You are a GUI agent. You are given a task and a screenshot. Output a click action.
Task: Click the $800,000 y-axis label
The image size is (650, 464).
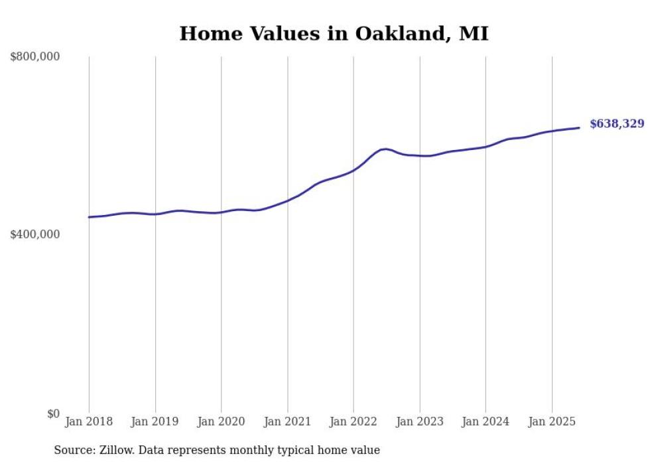[34, 57]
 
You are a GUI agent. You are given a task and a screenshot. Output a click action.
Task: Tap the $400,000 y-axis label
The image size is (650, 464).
[34, 234]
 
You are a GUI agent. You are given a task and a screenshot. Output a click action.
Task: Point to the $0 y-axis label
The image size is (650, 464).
[53, 414]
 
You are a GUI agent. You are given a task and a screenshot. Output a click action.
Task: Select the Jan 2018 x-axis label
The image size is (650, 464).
[89, 422]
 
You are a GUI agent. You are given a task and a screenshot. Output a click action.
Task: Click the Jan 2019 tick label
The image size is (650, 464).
[155, 422]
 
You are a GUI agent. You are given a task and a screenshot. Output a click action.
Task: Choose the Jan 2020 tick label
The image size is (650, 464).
[221, 422]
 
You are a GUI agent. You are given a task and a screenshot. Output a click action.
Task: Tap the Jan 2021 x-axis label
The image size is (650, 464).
[287, 422]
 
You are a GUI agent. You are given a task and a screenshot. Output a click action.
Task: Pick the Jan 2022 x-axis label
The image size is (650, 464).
[354, 422]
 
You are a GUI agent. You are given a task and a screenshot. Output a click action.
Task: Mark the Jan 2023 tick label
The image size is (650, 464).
[419, 422]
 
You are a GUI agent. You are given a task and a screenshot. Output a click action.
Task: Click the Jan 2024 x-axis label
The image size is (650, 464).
[486, 422]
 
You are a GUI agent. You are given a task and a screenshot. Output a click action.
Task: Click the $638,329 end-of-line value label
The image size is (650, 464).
[616, 124]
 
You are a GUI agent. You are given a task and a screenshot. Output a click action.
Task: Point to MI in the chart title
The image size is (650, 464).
[474, 34]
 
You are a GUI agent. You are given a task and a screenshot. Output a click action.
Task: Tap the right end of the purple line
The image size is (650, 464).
[579, 127]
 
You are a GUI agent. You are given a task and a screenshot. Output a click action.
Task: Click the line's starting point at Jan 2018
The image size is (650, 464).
[89, 217]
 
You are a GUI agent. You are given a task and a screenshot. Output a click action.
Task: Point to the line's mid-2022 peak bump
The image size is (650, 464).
[385, 149]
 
